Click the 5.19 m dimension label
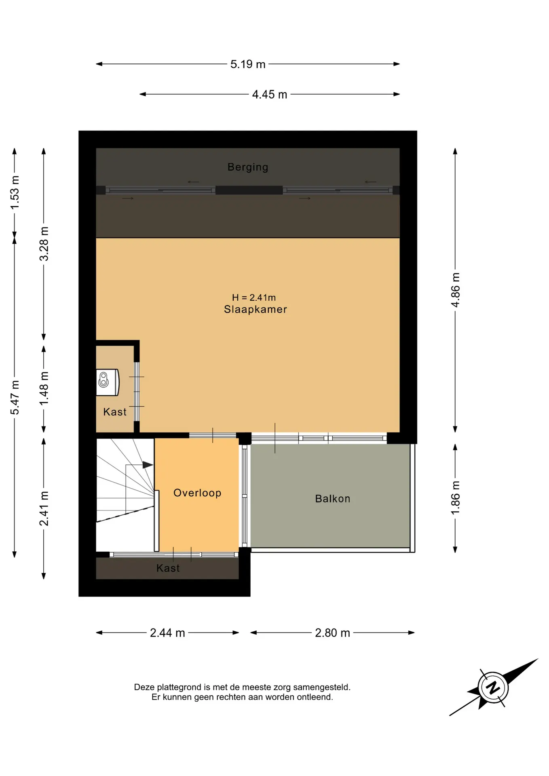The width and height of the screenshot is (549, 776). click(x=248, y=64)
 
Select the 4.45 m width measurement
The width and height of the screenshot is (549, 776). click(x=270, y=95)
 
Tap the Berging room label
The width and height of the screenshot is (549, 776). click(x=248, y=167)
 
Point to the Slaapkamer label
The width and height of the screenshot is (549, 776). click(x=255, y=309)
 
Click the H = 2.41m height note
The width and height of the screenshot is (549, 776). click(x=254, y=297)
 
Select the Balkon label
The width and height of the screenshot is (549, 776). click(x=333, y=498)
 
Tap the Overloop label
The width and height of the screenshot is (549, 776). click(x=197, y=493)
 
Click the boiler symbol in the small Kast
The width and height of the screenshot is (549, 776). click(x=108, y=382)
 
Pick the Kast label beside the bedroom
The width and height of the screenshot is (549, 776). click(x=115, y=412)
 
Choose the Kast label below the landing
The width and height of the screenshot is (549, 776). click(x=168, y=568)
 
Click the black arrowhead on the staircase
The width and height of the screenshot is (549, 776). click(x=148, y=465)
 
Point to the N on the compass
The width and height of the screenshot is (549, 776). click(x=493, y=687)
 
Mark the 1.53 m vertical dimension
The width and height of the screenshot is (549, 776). click(x=15, y=193)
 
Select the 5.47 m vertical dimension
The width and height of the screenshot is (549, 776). click(x=15, y=398)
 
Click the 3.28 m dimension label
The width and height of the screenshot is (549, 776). click(x=44, y=244)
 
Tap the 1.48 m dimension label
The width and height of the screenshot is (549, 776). click(x=44, y=388)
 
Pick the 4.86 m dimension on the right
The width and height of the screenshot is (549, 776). click(x=456, y=290)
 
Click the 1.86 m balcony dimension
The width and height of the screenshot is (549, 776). click(x=456, y=498)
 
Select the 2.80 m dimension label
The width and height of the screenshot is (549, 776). click(x=332, y=633)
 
